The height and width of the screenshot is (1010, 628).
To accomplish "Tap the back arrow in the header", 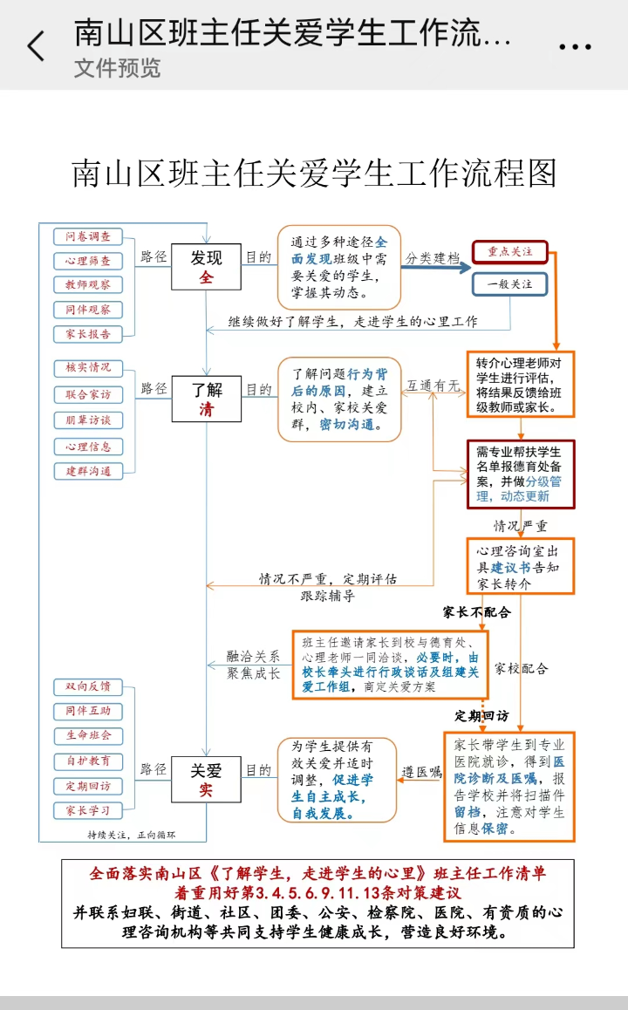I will [35, 45].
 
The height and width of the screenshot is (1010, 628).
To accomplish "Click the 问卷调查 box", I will [88, 236].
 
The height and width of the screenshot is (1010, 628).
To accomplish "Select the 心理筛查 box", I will [88, 261].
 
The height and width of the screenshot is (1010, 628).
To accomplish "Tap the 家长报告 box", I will [88, 334].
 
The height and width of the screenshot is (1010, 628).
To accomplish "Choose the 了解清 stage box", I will [206, 399].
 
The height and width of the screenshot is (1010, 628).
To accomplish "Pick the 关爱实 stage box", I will [206, 780].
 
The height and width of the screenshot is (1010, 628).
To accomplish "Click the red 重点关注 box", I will [510, 252].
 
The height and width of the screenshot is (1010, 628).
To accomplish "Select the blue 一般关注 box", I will [510, 284].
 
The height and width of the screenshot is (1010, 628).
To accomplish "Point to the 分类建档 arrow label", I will [432, 258].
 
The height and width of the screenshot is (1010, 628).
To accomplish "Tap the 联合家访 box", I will [88, 394].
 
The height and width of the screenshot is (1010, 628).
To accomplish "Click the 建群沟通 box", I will [88, 471].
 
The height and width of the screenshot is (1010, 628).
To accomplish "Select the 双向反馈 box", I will [88, 686].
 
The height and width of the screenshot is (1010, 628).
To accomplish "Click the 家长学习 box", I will [88, 810].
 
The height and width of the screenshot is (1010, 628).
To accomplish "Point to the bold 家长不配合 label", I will [476, 612].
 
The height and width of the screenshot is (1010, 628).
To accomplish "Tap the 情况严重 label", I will [521, 526].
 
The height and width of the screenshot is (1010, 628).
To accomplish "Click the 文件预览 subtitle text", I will [117, 68].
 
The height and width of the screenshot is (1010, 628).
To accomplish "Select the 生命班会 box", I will [88, 735].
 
